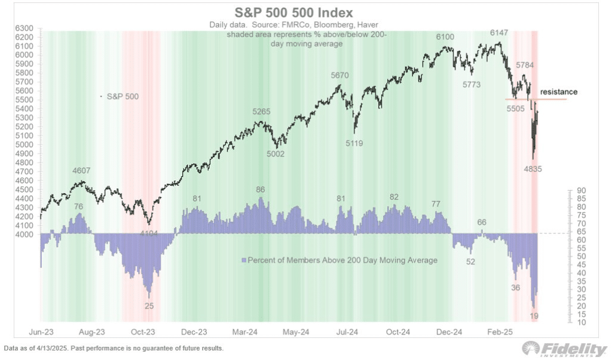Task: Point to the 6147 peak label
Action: [x=500, y=32]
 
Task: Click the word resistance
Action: [x=559, y=92]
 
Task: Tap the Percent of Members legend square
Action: [x=243, y=260]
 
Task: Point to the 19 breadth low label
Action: [x=535, y=315]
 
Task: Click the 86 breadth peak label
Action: [x=260, y=190]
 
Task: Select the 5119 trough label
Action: [x=357, y=142]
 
